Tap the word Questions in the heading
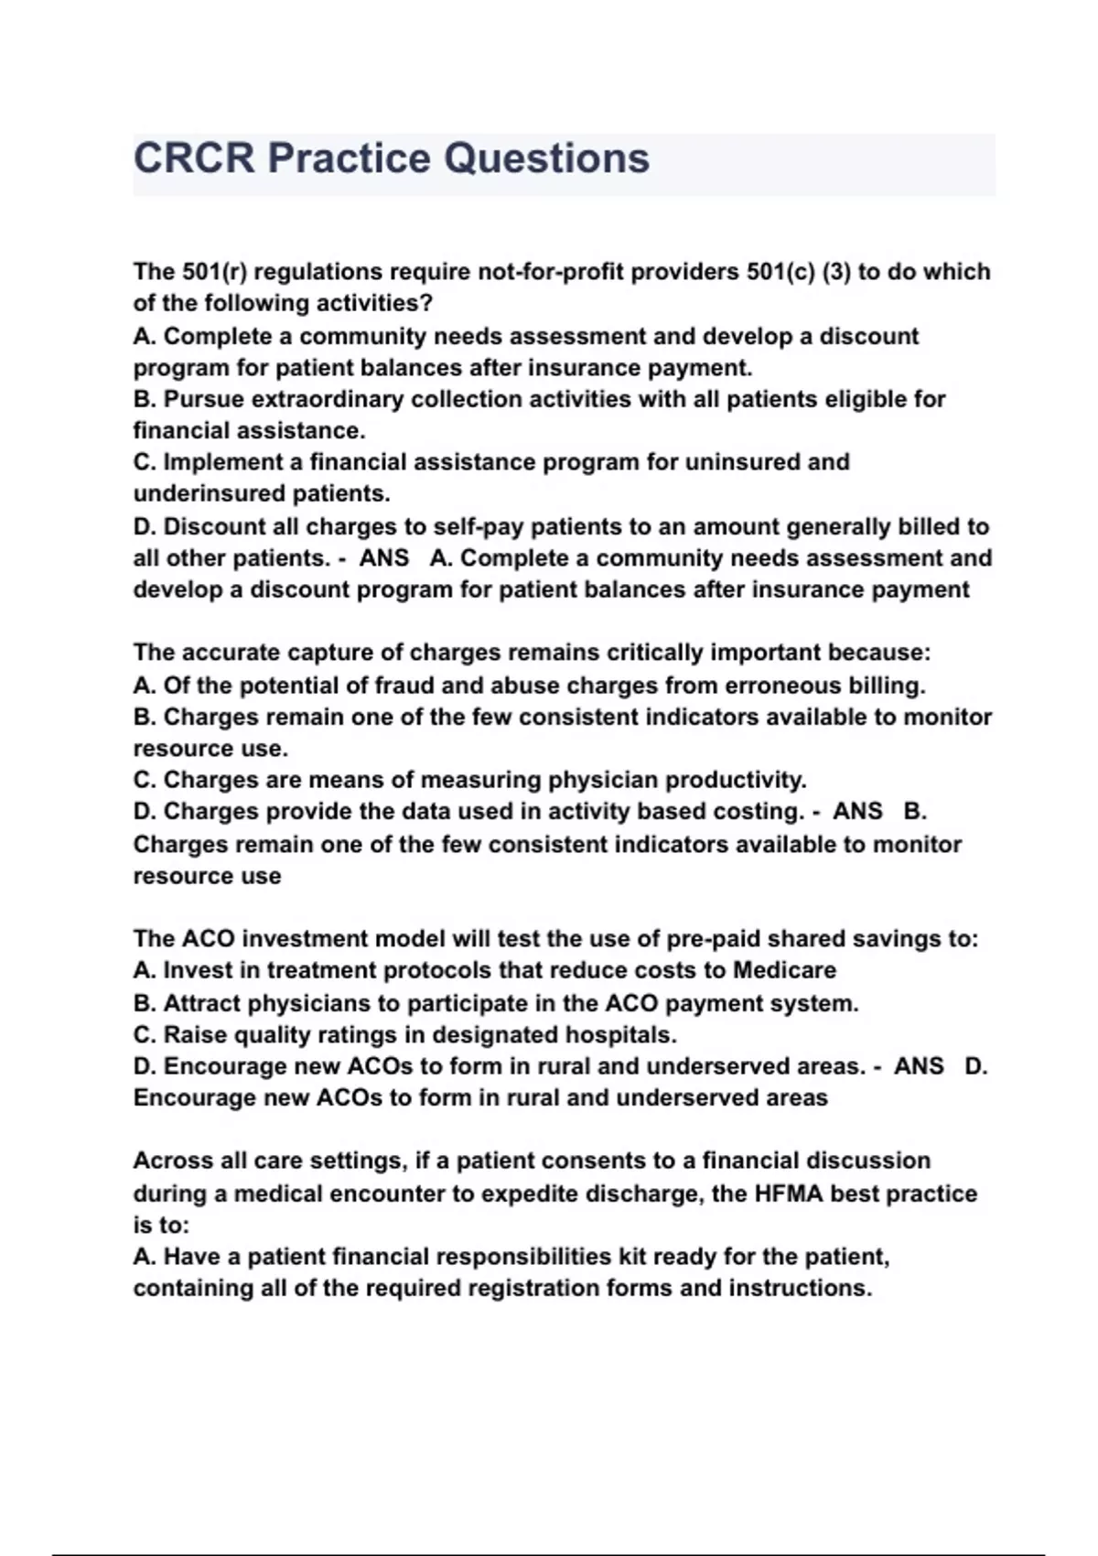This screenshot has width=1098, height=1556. click(546, 158)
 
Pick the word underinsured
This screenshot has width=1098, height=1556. click(209, 494)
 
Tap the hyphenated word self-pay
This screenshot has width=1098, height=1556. click(479, 527)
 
